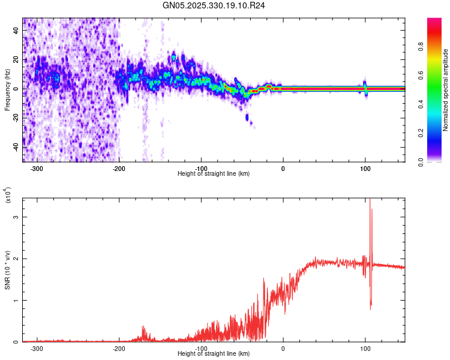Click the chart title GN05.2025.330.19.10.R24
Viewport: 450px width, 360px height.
coord(214,5)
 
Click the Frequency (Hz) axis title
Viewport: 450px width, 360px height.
coord(7,90)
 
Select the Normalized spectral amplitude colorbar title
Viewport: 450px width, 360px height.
coord(446,90)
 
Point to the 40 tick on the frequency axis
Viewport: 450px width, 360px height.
coord(16,31)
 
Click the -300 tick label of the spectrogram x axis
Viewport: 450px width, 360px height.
coord(37,168)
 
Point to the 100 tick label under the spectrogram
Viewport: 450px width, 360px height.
coord(365,168)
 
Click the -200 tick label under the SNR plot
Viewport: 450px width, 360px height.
coord(119,348)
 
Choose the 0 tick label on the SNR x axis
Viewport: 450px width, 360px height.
coord(283,348)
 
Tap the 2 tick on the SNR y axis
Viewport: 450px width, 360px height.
coord(16,259)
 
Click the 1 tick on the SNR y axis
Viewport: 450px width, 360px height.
coord(16,301)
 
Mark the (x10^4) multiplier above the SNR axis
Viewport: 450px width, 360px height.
coord(7,196)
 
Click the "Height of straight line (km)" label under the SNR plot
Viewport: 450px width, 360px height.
coord(214,354)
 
